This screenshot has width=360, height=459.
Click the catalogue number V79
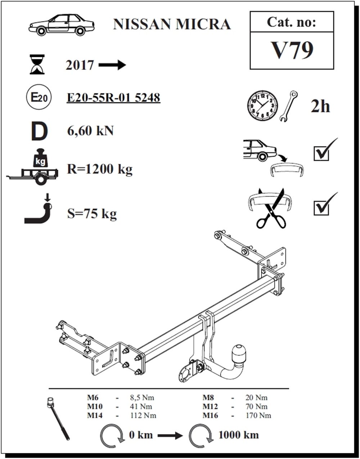(x=292, y=51)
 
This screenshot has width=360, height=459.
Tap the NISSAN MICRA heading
(x=172, y=24)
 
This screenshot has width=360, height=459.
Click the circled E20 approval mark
(x=37, y=97)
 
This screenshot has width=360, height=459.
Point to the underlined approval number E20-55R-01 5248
(x=113, y=98)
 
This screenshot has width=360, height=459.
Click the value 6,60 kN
(x=90, y=131)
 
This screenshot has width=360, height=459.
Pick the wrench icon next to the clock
(x=288, y=106)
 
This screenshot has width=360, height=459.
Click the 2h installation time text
(x=320, y=106)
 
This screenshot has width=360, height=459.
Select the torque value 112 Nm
(x=143, y=415)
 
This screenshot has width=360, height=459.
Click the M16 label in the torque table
(x=211, y=415)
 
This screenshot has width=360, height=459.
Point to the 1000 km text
(x=238, y=435)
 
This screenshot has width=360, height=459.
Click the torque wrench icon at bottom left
(x=59, y=418)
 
